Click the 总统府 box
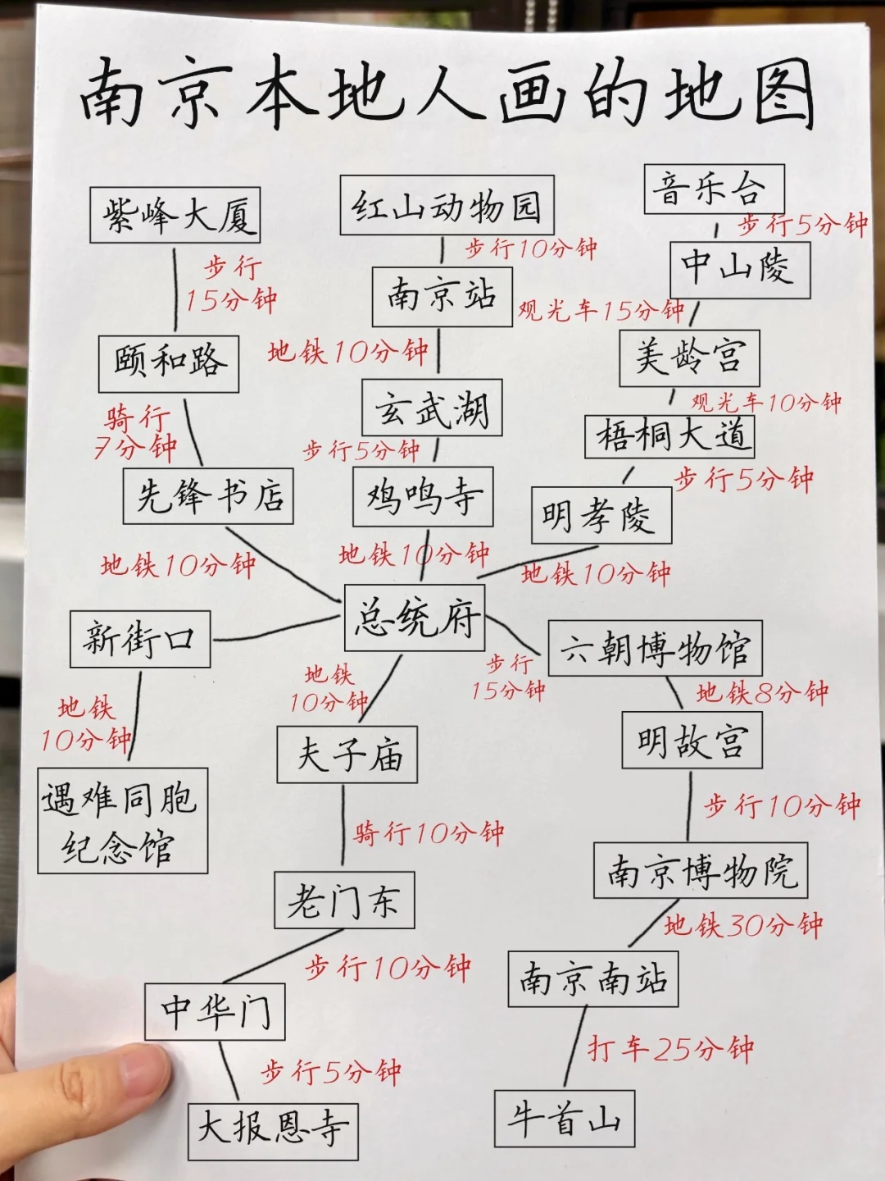tap(414, 618)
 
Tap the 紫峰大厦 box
tap(175, 215)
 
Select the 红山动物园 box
tap(447, 205)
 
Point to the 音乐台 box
tap(714, 189)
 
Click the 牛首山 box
tap(565, 1118)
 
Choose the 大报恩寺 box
tap(273, 1130)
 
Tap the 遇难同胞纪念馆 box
tap(122, 821)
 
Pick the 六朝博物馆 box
tap(655, 649)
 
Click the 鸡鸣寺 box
tap(423, 497)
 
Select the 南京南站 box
tap(593, 978)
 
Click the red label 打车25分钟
tap(670, 1048)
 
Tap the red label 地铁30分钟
tap(743, 925)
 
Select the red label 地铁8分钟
tap(762, 693)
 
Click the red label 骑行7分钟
tap(136, 432)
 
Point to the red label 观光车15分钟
tap(601, 309)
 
